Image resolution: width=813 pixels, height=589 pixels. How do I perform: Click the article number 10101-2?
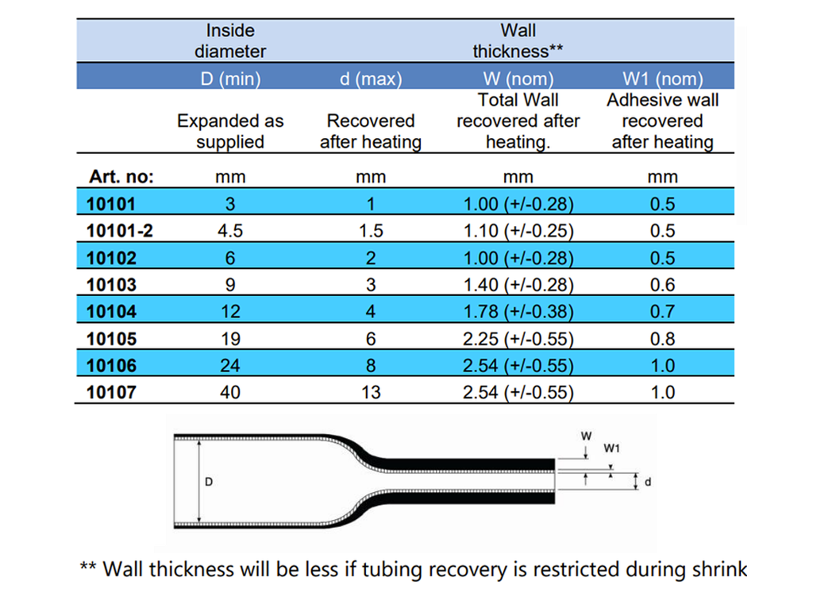coord(120,231)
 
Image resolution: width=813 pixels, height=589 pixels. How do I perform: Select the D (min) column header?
coord(230,79)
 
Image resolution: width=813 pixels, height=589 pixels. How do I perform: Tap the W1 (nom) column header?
coord(663,79)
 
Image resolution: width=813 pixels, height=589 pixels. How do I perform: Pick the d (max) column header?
coord(371,79)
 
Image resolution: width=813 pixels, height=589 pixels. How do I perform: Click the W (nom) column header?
coord(518,79)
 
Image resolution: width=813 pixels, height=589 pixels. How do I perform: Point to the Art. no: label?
coord(121,177)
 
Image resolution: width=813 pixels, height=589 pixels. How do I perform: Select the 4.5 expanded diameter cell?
coord(230,231)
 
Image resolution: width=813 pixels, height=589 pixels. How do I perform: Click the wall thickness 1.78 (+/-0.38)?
coord(518,312)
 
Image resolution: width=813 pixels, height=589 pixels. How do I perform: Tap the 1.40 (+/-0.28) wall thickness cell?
coord(518,285)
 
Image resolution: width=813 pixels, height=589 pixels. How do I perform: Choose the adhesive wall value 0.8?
coord(663,339)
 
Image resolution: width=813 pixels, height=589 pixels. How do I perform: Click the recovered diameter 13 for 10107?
coord(371,392)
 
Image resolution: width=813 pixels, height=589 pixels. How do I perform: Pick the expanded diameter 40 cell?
coord(230,392)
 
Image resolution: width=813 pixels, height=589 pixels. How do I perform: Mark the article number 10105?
coord(111,339)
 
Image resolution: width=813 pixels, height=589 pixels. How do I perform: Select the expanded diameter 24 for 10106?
coord(230,365)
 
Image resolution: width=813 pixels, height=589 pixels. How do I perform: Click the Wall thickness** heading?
coord(518,41)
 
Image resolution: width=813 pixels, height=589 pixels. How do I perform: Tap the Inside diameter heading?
coord(230,41)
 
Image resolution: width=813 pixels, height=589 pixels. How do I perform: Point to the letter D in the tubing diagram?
coord(209,482)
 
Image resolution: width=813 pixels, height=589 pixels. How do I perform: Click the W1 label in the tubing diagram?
coord(612,448)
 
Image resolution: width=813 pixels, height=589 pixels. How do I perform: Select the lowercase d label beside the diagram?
coord(648,482)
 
